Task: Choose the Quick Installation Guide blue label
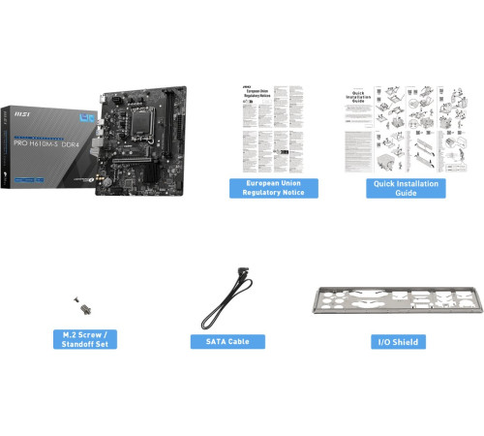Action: (x=406, y=188)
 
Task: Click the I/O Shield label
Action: (x=399, y=342)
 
